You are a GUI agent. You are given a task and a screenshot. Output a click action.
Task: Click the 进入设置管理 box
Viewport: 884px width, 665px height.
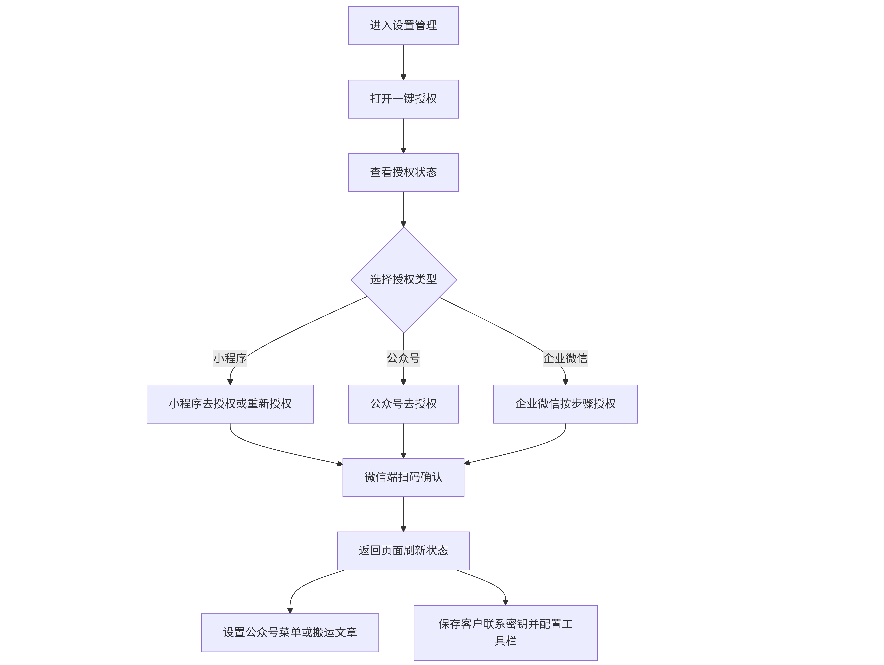click(403, 26)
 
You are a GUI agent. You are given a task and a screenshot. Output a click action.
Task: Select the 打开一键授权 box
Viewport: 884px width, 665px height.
click(403, 99)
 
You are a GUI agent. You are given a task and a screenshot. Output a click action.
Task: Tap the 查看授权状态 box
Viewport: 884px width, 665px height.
click(403, 172)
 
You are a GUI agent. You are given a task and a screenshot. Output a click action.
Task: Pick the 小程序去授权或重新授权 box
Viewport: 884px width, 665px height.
click(230, 404)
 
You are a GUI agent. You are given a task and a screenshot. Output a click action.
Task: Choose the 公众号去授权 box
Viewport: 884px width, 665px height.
click(403, 404)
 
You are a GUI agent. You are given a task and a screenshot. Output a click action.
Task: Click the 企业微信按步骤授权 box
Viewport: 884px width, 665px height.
click(566, 404)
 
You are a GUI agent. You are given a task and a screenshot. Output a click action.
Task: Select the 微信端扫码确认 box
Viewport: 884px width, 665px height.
click(403, 477)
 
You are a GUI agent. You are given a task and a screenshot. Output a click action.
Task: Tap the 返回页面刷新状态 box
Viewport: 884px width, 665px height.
click(403, 551)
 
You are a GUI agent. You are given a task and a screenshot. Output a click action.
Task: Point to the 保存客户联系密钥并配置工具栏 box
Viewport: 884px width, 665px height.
click(506, 633)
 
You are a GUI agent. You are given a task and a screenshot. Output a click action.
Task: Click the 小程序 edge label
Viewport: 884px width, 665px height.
click(230, 358)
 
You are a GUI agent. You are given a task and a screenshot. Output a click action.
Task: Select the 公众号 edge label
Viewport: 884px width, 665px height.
click(403, 358)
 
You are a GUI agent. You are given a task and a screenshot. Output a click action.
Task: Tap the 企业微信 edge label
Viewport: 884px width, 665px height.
click(566, 358)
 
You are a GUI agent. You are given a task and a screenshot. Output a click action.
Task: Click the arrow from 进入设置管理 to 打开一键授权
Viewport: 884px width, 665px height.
click(403, 62)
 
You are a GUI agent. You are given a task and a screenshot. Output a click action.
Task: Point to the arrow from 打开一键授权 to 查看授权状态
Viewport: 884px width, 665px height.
click(403, 136)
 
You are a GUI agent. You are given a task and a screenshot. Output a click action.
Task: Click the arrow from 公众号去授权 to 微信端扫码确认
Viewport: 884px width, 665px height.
click(403, 441)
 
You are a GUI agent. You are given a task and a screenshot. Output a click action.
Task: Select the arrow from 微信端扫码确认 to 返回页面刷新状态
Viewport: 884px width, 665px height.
click(403, 514)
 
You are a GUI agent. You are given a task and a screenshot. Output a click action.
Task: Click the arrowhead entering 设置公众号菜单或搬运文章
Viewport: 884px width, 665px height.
click(290, 611)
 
